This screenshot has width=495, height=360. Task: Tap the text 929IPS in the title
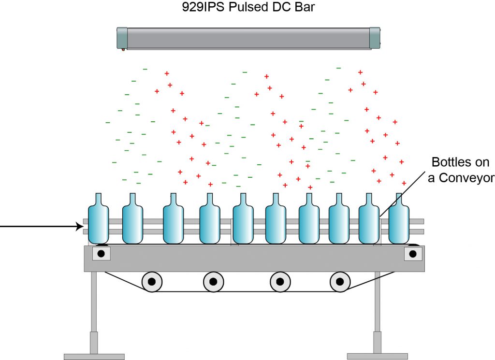(x=204, y=7)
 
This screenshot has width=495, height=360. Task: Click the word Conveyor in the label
(x=466, y=178)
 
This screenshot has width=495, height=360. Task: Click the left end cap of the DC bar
(x=122, y=38)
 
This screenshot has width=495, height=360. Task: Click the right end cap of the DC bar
(x=375, y=38)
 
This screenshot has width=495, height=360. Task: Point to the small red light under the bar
(x=123, y=50)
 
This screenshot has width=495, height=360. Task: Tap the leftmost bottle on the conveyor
(x=99, y=218)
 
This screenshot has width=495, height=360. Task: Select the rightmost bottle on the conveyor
(x=399, y=218)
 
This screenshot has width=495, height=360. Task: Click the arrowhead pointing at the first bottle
(x=80, y=226)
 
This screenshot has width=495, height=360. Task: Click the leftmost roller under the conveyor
(x=152, y=281)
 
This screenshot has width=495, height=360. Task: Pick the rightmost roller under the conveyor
(x=340, y=281)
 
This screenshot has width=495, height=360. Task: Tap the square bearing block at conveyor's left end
(x=102, y=253)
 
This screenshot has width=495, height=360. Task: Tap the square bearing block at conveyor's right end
(x=413, y=254)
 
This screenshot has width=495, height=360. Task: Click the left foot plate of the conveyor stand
(x=94, y=357)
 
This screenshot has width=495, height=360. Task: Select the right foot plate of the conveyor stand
(x=377, y=356)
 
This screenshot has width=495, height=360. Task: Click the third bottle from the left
(x=174, y=218)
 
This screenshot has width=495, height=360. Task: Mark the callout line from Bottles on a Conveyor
(x=402, y=194)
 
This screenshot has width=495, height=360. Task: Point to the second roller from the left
(x=213, y=281)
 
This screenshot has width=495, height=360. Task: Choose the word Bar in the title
(x=305, y=7)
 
